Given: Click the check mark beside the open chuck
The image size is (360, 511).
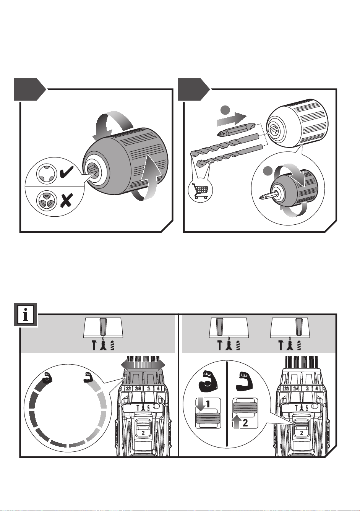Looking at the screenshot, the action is pyautogui.click(x=66, y=172).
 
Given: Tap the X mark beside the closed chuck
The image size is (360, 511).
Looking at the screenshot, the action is pyautogui.click(x=66, y=200).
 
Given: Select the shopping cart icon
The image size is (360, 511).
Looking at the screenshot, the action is pyautogui.click(x=200, y=191).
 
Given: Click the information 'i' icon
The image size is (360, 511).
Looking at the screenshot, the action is pyautogui.click(x=26, y=315).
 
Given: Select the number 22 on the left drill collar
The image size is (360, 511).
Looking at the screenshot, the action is pyautogui.click(x=128, y=388).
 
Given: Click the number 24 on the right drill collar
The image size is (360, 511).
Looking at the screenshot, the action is pyautogui.click(x=296, y=388).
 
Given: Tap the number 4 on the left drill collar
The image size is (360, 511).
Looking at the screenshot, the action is pyautogui.click(x=158, y=388).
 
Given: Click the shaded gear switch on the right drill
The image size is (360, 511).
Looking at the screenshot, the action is pyautogui.click(x=302, y=424).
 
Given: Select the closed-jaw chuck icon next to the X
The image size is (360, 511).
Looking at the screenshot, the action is pyautogui.click(x=46, y=200).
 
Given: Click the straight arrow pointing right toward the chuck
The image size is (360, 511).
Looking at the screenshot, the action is pyautogui.click(x=232, y=119).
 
